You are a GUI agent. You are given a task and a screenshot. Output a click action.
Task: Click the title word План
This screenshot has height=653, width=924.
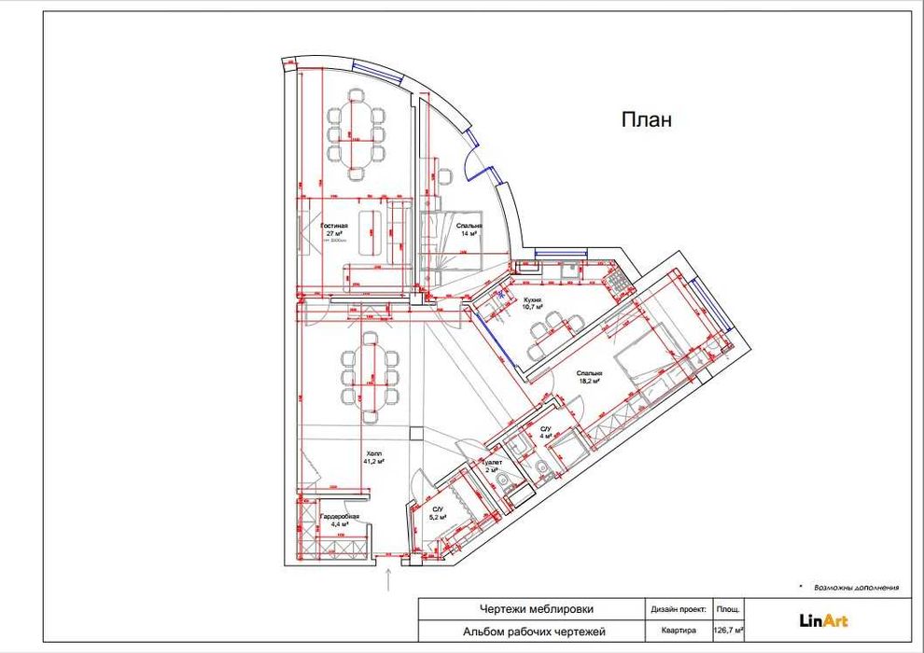coord(646,119)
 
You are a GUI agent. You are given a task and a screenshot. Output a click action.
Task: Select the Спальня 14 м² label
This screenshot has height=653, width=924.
coord(469,229)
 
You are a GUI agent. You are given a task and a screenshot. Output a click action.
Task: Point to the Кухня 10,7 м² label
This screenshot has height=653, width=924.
coord(532,302)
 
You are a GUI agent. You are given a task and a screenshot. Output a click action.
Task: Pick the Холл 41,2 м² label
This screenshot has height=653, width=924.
coord(373,457)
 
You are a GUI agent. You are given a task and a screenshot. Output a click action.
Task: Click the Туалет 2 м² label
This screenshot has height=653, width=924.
coord(492,465)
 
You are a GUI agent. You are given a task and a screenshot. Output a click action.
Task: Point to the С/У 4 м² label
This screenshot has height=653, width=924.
coord(547,432)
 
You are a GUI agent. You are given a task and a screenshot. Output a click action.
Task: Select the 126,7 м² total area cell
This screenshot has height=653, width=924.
coord(728,631)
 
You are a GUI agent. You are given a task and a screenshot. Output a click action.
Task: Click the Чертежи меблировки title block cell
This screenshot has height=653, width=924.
coord(529,609)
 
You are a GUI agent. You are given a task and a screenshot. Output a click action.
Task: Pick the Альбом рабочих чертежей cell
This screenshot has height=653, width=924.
coord(529,632)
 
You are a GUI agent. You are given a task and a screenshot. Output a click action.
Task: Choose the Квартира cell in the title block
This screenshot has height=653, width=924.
coord(678,631)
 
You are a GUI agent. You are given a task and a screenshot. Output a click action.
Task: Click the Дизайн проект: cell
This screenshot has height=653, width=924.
coord(678,609)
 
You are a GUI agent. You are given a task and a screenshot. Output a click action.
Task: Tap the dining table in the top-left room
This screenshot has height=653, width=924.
coord(356,131)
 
